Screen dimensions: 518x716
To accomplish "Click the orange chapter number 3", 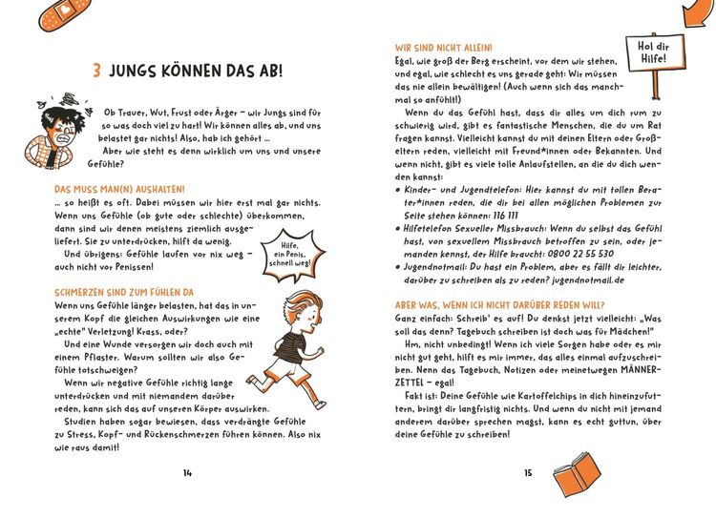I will pyautogui.click(x=97, y=73).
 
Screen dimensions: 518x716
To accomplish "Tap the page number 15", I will pyautogui.click(x=528, y=472).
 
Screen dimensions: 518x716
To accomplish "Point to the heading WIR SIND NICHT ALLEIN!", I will pyautogui.click(x=444, y=46).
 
